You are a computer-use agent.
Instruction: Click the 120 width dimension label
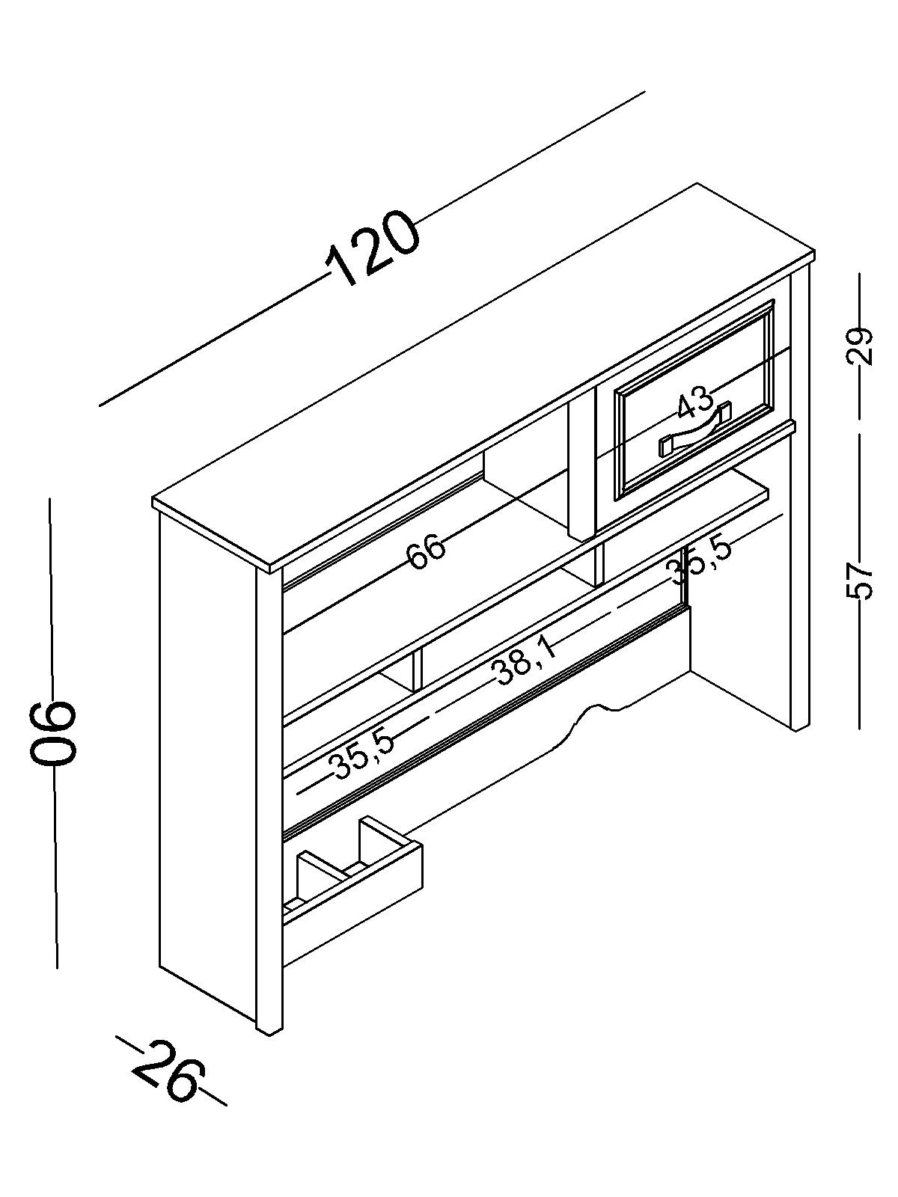click(372, 248)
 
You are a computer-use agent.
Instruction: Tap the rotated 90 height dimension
click(53, 733)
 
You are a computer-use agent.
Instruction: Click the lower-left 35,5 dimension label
click(363, 754)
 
